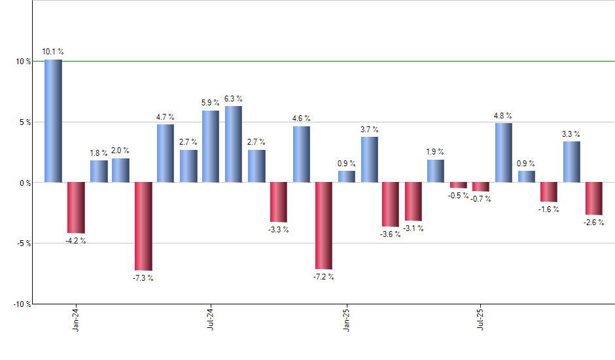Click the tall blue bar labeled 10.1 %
tap(54, 121)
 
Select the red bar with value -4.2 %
tap(76, 207)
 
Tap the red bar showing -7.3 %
tap(143, 226)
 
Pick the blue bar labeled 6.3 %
tap(234, 144)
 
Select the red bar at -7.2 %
tap(323, 225)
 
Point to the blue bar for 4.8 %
tap(503, 153)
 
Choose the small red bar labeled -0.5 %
tap(458, 185)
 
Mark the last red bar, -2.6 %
tap(593, 198)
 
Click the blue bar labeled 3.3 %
tap(571, 162)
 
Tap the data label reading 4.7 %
tap(165, 117)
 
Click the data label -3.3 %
tap(278, 230)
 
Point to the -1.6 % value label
tap(550, 209)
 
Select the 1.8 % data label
tap(98, 153)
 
